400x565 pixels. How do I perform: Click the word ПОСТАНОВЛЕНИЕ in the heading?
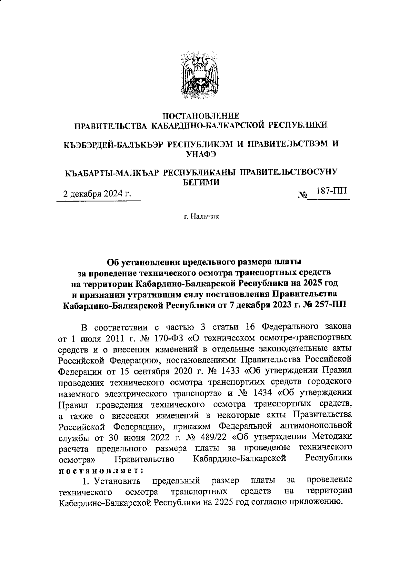[200, 116]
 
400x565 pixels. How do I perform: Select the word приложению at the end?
[315, 502]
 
